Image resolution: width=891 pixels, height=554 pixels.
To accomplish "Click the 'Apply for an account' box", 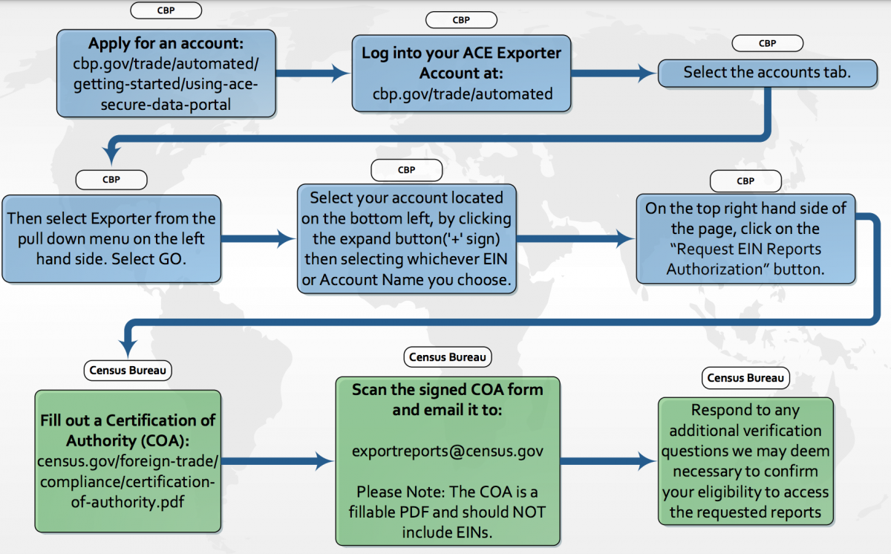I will [166, 74].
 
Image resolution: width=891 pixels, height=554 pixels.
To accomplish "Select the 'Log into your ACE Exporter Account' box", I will [461, 73].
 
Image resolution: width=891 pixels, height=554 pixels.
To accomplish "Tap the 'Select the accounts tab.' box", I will [767, 73].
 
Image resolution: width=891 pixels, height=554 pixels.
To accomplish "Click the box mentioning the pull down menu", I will [111, 238].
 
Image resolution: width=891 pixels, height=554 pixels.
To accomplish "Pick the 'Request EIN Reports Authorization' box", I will [745, 238].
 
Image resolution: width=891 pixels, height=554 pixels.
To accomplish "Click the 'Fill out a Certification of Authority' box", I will [128, 460].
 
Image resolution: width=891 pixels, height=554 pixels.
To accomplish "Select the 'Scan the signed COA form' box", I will [447, 460].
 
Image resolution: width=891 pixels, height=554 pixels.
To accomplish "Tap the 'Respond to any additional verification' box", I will [745, 460].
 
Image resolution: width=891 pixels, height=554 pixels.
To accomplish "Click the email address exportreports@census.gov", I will [447, 451].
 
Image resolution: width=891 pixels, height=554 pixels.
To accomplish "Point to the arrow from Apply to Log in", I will [313, 73].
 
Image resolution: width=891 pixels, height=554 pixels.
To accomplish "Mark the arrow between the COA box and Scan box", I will [278, 461].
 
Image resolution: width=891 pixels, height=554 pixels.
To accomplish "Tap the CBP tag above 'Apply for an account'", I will [166, 10].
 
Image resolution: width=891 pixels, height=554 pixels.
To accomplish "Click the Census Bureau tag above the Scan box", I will [447, 357].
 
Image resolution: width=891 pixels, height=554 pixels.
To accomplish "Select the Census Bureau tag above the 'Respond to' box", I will [745, 378].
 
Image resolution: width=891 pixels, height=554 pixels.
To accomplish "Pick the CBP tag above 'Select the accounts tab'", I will [767, 43].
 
